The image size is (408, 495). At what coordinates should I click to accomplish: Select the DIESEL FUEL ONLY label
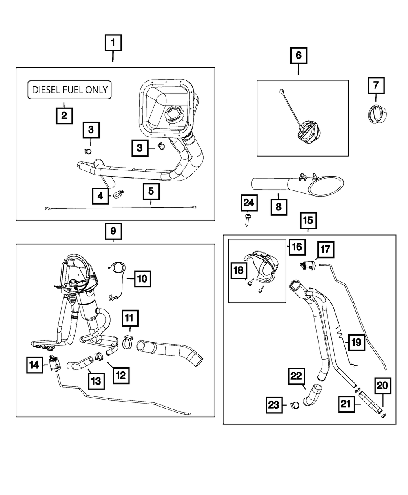(x=69, y=90)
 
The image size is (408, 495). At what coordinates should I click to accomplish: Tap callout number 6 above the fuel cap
(x=298, y=55)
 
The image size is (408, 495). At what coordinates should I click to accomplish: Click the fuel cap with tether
(x=306, y=132)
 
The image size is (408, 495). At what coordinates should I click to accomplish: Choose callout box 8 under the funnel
(x=279, y=207)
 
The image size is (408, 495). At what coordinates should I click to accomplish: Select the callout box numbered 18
(x=238, y=270)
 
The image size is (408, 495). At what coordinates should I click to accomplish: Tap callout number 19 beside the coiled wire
(x=356, y=342)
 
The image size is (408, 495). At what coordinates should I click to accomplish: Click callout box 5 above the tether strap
(x=151, y=191)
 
